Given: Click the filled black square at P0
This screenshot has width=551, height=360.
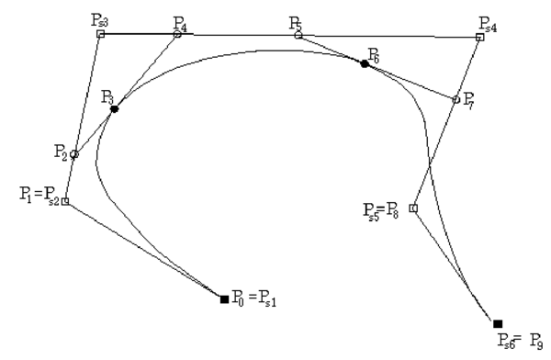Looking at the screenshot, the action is click(224, 298).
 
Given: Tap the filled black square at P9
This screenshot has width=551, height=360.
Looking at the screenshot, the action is click(498, 323).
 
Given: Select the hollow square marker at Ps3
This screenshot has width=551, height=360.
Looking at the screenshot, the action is click(100, 34).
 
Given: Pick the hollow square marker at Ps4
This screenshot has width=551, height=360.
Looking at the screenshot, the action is click(479, 37).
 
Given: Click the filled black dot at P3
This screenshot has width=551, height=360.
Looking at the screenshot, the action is click(114, 108).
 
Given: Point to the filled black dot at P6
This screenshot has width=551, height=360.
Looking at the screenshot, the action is click(365, 63).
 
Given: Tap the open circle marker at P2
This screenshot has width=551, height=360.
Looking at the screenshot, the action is click(74, 154).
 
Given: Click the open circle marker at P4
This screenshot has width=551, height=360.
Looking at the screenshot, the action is click(177, 34).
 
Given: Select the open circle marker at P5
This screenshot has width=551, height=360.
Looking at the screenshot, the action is click(298, 35).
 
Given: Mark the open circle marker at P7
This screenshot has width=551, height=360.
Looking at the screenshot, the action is click(456, 99).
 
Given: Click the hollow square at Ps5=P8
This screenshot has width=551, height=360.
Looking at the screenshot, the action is click(412, 208).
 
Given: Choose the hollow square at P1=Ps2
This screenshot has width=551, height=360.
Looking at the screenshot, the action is click(65, 201).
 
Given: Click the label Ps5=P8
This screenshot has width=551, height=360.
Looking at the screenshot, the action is click(385, 210).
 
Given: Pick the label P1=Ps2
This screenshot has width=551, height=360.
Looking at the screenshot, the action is click(38, 195).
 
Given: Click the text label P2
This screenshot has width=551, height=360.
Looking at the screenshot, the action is click(61, 152).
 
